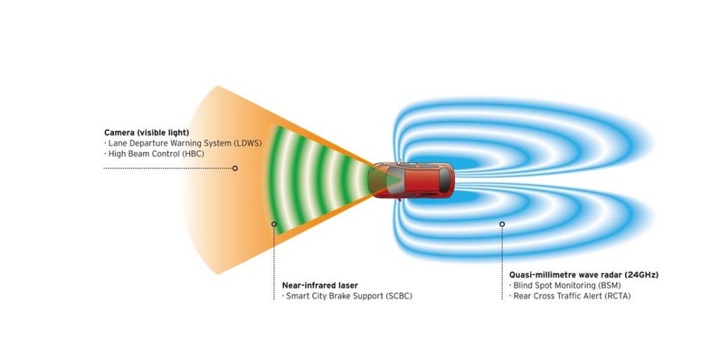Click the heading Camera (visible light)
pos(146,133)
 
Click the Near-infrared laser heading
pos(320,285)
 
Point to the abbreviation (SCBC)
pos(398,296)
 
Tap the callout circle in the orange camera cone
pos(235,168)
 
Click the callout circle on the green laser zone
pos(274,224)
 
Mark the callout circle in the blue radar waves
pos(502,224)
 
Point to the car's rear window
pos(444,179)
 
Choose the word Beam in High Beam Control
pos(137,154)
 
